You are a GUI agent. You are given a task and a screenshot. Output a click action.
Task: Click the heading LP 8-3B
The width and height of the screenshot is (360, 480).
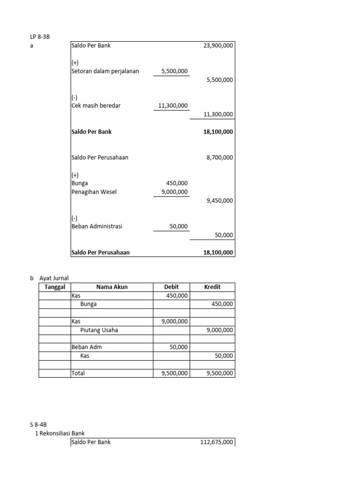[39, 37]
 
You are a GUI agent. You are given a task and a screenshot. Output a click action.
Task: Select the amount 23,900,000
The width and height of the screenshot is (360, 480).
[218, 45]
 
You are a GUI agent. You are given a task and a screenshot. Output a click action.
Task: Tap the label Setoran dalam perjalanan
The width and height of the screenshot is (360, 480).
[105, 71]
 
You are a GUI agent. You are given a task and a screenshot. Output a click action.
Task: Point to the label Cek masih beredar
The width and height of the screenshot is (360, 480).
[96, 105]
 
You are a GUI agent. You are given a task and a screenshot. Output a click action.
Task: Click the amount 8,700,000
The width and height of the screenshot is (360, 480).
[219, 157]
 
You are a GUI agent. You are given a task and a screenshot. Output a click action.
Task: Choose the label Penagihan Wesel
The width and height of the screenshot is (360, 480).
[94, 192]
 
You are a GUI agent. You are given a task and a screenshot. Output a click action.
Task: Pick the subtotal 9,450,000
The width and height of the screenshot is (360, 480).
[219, 201]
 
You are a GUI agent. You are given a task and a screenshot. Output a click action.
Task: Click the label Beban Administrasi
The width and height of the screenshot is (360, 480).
[97, 226]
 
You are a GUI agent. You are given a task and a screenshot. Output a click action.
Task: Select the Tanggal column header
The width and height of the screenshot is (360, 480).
[54, 287]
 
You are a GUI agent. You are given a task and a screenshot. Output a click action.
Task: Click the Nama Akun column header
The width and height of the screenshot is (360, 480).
[112, 287]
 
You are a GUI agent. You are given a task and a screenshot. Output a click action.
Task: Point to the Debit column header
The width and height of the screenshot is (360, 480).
[172, 287]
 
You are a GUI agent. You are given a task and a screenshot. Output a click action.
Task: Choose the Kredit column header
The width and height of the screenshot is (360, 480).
[212, 287]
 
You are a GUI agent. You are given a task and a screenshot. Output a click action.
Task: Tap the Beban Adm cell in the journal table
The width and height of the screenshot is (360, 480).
[86, 347]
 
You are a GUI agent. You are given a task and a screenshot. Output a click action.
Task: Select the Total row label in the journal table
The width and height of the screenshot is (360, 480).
[79, 374]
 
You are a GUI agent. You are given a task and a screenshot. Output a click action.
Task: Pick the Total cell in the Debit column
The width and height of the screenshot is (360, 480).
[174, 374]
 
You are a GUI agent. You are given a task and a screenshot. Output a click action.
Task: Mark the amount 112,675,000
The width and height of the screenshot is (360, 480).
[216, 442]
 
